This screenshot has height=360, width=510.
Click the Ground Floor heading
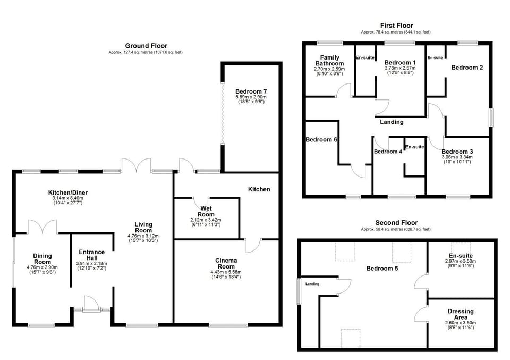pyautogui.click(x=146, y=46)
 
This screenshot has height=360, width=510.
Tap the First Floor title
pyautogui.click(x=396, y=26)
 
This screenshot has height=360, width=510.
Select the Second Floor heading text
pyautogui.click(x=396, y=223)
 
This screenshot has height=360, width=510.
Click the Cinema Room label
pyautogui.click(x=226, y=263)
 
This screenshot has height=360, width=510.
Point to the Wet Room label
pyautogui.click(x=206, y=211)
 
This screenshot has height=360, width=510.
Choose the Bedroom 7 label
pyautogui.click(x=251, y=91)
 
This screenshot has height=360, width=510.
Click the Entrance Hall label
pyautogui.click(x=92, y=255)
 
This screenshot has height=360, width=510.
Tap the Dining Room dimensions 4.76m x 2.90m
pyautogui.click(x=42, y=267)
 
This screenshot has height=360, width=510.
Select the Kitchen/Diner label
pyautogui.click(x=68, y=192)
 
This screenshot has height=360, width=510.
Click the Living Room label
pyautogui.click(x=143, y=227)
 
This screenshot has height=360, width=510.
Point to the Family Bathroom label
pyautogui.click(x=329, y=60)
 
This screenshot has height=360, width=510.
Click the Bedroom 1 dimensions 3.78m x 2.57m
pyautogui.click(x=400, y=68)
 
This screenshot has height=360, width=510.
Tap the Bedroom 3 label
pyautogui.click(x=457, y=152)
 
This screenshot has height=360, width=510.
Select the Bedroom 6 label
pyautogui.click(x=321, y=140)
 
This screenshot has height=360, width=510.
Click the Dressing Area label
pyautogui.click(x=461, y=314)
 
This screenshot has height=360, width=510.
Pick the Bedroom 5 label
pyautogui.click(x=382, y=268)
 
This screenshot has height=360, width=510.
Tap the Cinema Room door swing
pyautogui.click(x=253, y=246)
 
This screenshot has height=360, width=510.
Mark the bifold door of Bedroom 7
pyautogui.click(x=223, y=113)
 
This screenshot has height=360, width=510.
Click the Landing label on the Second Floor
pyautogui.click(x=312, y=284)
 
